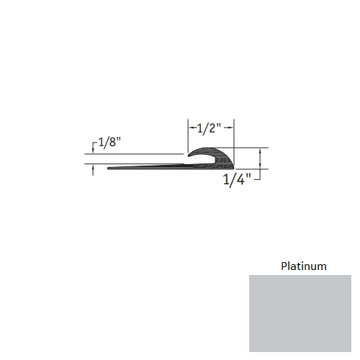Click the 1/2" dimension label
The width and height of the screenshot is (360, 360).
210,129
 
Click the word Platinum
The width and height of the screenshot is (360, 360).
303,266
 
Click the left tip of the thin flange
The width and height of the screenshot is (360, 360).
108,170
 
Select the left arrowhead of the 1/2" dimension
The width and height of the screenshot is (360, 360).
191,129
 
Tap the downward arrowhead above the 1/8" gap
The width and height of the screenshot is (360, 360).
94,151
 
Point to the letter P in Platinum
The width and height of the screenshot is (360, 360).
283,266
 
